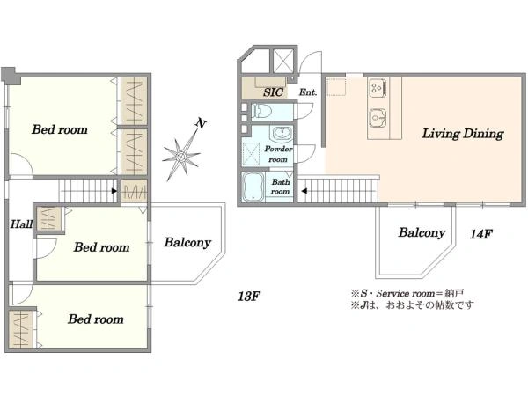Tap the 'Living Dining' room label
462,135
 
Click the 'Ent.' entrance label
308,92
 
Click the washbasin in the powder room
282,135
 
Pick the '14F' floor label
480,234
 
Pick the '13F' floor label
249,296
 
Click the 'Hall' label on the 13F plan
21,224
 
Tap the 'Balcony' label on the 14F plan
421,233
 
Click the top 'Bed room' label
60,130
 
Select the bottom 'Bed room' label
95,319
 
